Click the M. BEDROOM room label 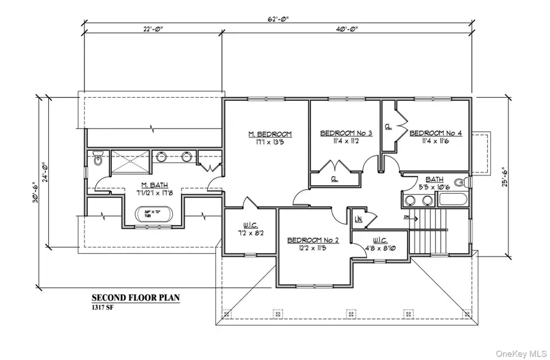tap(269, 134)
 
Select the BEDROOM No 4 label tap(435, 133)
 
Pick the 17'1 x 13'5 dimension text tap(269, 145)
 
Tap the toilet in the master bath tap(99, 160)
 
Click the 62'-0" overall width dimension tap(277, 20)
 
